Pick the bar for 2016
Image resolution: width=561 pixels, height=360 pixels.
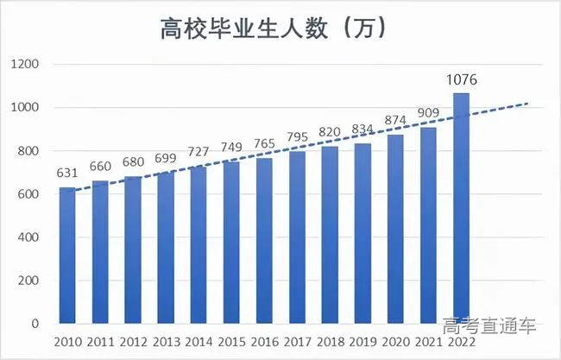264,241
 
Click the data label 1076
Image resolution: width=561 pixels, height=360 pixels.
462,80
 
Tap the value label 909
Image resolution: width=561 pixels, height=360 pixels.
428,112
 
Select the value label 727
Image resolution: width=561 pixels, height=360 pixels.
199,151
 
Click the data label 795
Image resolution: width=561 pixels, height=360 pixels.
297,138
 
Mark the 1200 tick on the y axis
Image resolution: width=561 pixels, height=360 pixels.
26,65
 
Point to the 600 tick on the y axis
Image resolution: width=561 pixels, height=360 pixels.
28,194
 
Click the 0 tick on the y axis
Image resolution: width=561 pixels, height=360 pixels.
36,324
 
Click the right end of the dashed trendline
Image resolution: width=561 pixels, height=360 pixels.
526,104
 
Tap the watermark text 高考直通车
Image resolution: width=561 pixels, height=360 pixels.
489,327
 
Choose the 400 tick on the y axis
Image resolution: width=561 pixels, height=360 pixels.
28,237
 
